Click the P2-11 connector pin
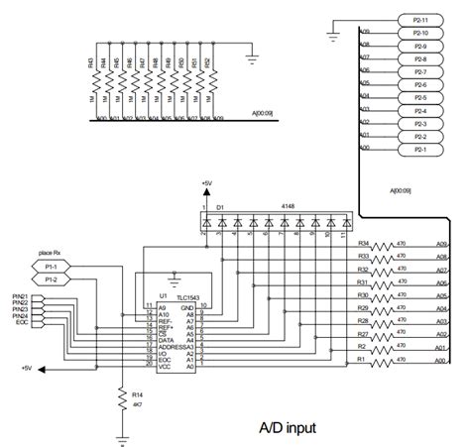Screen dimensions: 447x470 pos(419,20)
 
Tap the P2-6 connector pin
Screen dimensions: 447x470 pos(419,84)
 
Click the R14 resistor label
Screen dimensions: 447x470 pos(136,393)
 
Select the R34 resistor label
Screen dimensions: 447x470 pos(363,243)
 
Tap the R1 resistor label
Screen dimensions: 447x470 pos(363,359)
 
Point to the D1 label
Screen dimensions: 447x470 pos(220,206)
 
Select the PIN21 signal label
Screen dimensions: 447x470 pos(19,296)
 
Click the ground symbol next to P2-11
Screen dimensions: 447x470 pos(329,38)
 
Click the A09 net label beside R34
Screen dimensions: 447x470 pos(441,243)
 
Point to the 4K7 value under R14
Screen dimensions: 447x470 pos(136,404)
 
